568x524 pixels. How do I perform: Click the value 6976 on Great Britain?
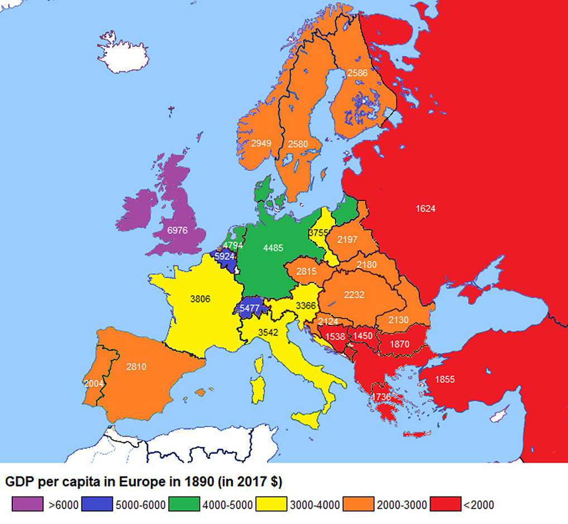point(177,230)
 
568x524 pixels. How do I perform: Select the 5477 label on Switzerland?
point(249,308)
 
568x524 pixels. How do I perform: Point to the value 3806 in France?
point(200,299)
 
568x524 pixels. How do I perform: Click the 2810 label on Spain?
point(136,367)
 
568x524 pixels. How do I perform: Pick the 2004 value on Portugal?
point(93,384)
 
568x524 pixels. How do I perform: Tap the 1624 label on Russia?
point(426,209)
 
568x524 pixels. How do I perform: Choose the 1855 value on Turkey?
point(445,379)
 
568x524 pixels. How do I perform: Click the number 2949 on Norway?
point(261,143)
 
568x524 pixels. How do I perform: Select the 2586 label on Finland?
point(357,73)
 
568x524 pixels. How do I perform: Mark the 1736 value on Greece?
point(381,396)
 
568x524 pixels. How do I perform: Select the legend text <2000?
point(479,506)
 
